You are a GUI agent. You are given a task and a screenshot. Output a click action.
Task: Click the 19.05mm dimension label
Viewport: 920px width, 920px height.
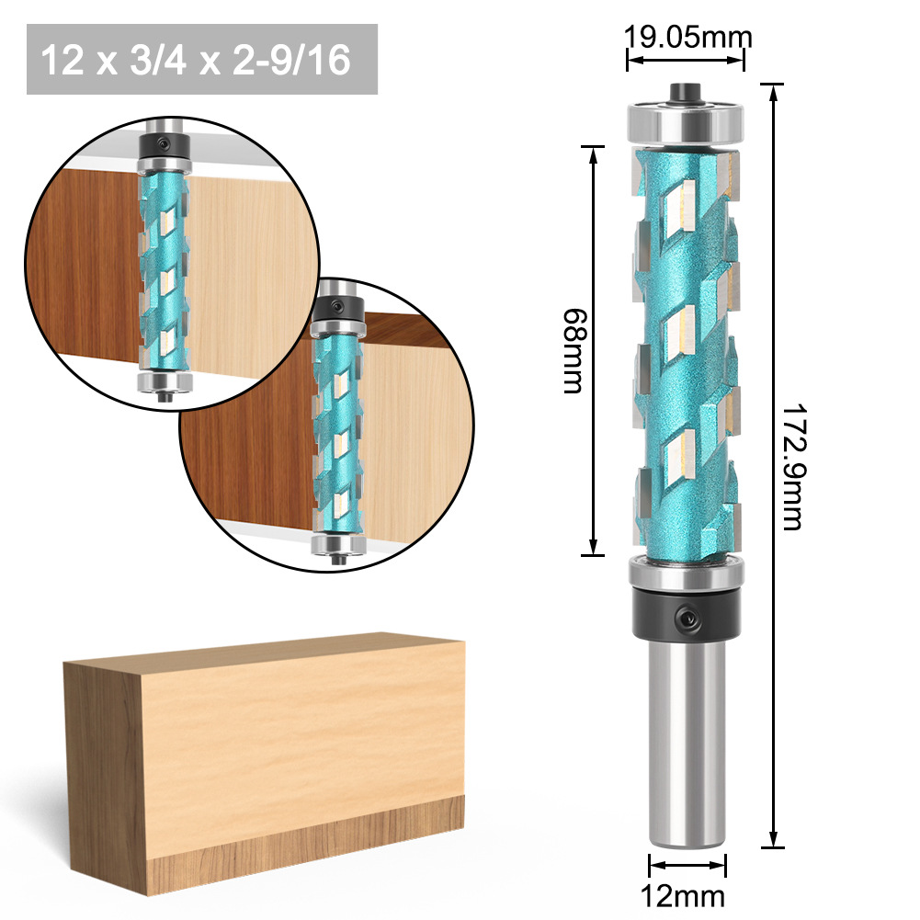pyautogui.click(x=688, y=38)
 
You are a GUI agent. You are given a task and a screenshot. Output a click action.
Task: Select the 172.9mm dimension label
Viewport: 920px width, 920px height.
pyautogui.click(x=792, y=466)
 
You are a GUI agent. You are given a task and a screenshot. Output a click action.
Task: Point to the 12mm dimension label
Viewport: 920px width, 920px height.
pyautogui.click(x=687, y=895)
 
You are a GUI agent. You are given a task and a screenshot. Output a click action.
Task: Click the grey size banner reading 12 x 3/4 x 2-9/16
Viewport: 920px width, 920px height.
pyautogui.click(x=202, y=60)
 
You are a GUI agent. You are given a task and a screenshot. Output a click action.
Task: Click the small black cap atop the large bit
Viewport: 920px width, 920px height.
pyautogui.click(x=684, y=90)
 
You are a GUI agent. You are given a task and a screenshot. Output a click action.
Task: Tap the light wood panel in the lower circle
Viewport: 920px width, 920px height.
pyautogui.click(x=414, y=432)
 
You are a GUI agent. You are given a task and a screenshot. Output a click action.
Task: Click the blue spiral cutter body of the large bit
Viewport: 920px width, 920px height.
pyautogui.click(x=685, y=349)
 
